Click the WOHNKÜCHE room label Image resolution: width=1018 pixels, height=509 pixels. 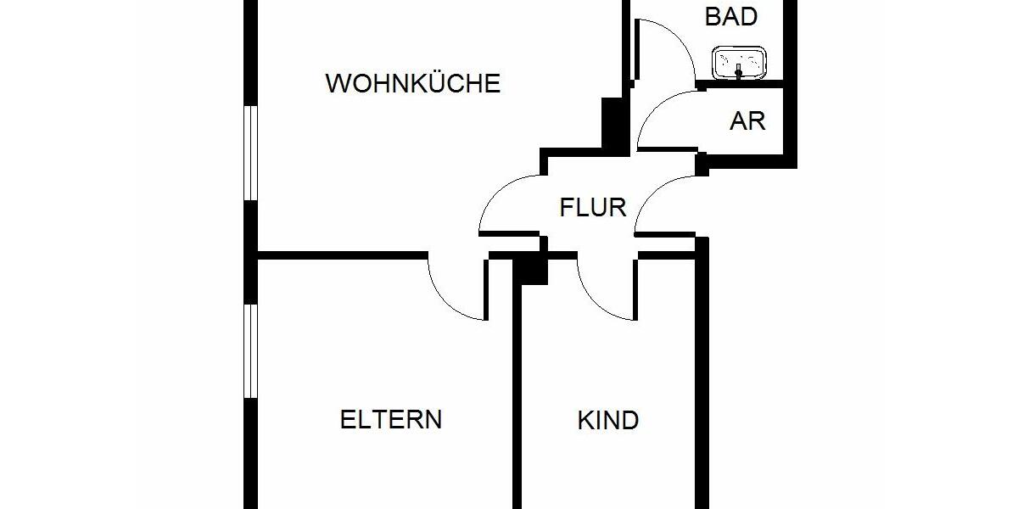click(413, 84)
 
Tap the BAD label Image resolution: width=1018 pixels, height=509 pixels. click(730, 16)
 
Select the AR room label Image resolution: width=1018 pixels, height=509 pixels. click(747, 121)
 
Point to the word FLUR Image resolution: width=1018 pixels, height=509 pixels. click(593, 207)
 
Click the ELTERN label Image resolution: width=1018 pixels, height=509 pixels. click(391, 419)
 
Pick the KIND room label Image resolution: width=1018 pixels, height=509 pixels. click(607, 420)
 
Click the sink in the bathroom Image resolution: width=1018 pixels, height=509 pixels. click(741, 63)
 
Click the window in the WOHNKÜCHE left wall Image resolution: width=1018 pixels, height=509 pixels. click(249, 153)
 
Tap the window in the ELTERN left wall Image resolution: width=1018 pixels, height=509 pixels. click(249, 350)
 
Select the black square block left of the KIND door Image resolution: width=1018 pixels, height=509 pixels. click(533, 269)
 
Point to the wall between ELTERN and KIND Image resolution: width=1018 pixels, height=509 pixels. click(515, 390)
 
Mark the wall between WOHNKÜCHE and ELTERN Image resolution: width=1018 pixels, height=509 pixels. click(339, 254)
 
